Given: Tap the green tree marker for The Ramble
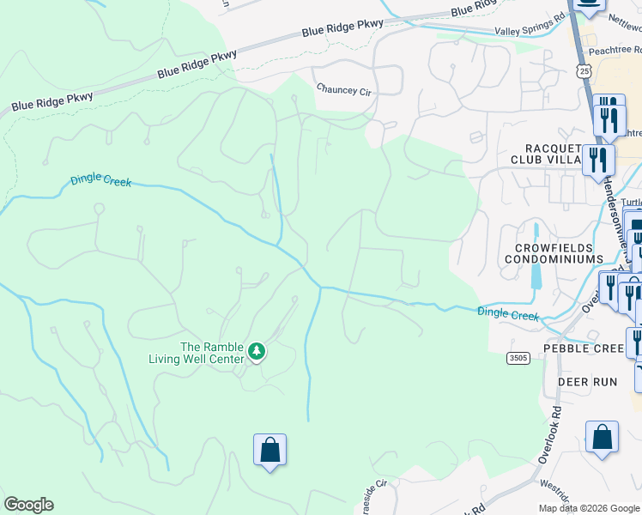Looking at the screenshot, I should pos(256,351).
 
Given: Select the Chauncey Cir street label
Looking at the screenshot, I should pos(342,88).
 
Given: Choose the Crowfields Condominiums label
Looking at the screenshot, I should pos(554,253).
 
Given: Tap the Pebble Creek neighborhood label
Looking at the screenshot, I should pos(584,348).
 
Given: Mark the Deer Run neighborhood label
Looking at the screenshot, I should pos(587,381).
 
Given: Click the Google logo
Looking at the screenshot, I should pos(28,505).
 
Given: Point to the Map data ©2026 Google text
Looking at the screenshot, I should pos(589,508).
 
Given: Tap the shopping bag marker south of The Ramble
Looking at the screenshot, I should pos(270,450).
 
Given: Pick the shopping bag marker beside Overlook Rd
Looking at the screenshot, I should pos(602,437).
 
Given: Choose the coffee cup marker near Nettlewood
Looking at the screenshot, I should pos(589,4).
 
